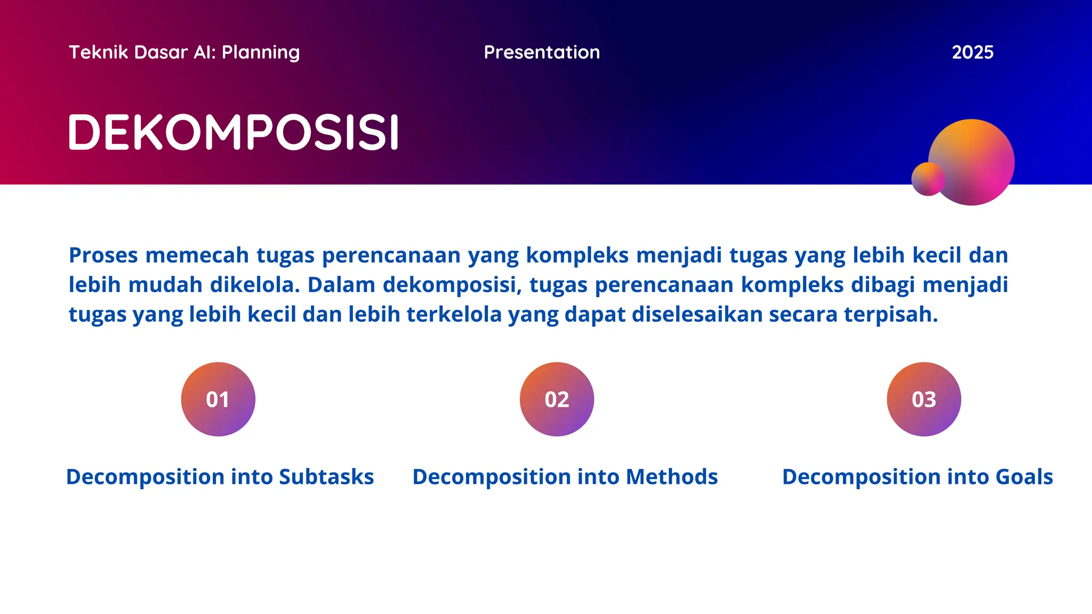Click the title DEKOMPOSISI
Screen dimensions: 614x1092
click(x=234, y=132)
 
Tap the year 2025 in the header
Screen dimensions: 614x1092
click(x=972, y=52)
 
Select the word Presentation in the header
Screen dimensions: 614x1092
click(x=542, y=52)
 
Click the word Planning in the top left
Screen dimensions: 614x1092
click(x=261, y=52)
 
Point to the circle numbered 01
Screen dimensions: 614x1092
click(x=218, y=399)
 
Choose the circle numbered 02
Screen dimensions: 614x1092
click(x=557, y=399)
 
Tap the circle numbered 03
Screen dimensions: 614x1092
click(x=924, y=399)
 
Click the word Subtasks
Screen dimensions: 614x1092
click(x=326, y=476)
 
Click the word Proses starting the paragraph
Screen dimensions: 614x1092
click(x=103, y=255)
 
